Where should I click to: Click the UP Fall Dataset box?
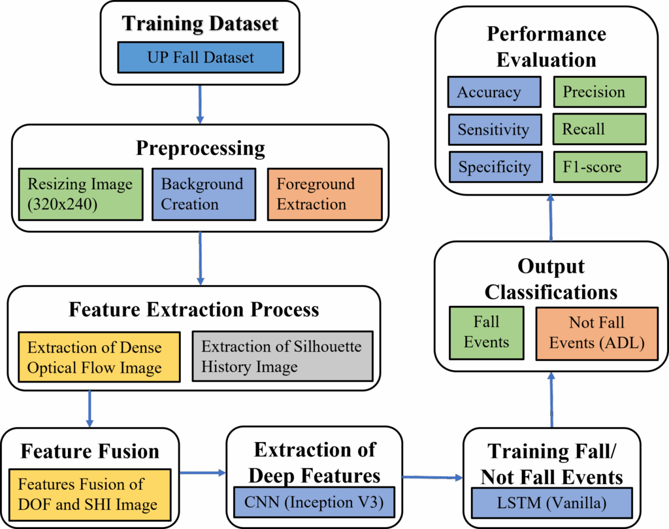coord(201,57)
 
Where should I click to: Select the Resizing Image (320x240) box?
coord(80,194)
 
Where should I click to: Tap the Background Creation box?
coord(204,194)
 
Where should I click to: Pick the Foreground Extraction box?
coord(325,194)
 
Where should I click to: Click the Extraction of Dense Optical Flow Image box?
coord(99,357)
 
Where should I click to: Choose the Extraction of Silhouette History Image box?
coord(282,356)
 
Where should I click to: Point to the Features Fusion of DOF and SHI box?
coord(90,495)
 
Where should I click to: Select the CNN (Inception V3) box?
coord(314,502)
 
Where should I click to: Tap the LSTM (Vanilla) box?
coord(551,503)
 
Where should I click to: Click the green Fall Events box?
coord(486,333)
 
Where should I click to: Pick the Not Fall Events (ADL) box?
coord(597,333)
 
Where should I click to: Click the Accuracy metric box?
coord(495,92)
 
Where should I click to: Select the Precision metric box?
coord(600,92)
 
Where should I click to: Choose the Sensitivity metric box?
coord(495,129)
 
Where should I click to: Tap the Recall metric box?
coord(600,129)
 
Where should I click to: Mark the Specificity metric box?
coord(496,167)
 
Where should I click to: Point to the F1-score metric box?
coord(600,167)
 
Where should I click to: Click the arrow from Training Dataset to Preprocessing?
coord(200,105)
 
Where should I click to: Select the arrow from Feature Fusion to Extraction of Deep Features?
coord(203,473)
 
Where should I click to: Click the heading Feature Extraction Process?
coord(193,309)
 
